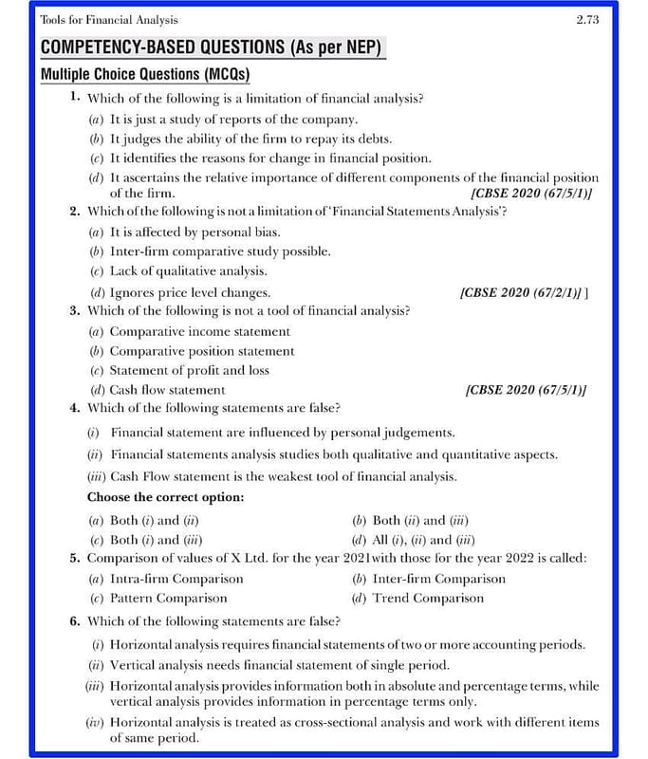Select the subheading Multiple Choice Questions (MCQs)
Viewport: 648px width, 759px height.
[x=145, y=74]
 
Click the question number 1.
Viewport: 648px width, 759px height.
[x=74, y=97]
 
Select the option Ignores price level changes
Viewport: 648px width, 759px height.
[x=189, y=292]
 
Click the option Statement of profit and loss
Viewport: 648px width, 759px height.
[x=189, y=370]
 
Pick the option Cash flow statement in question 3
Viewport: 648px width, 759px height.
[x=167, y=389]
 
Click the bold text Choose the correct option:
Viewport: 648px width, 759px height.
[x=165, y=497]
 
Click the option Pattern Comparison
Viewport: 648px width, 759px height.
[x=168, y=599]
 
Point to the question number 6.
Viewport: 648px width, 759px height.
[x=74, y=621]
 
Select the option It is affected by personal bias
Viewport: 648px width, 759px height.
[x=194, y=231]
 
